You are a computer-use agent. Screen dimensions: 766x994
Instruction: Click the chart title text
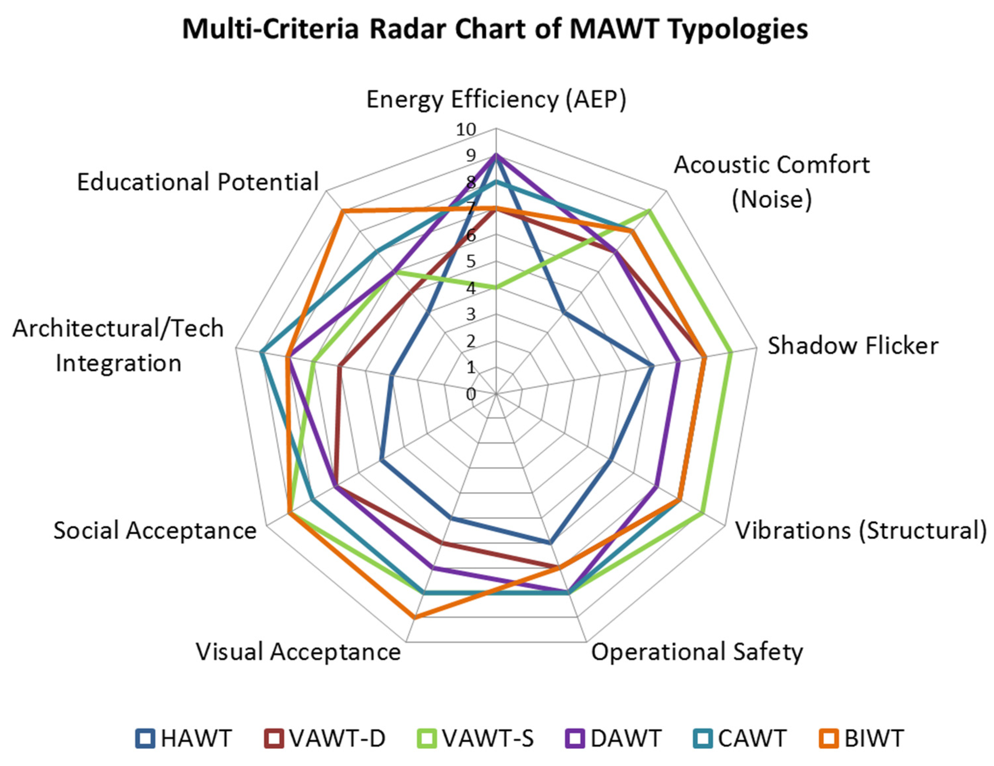click(x=495, y=29)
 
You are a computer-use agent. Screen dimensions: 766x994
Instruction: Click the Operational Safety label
click(x=697, y=652)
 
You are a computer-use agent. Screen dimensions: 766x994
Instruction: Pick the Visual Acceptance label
click(x=298, y=652)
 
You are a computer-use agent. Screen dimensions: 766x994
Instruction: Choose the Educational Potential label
click(x=198, y=182)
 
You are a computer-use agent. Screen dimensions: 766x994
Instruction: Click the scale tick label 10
click(x=466, y=130)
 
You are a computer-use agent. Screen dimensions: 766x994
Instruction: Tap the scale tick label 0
click(x=470, y=394)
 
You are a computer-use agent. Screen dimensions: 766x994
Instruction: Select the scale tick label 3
click(x=470, y=315)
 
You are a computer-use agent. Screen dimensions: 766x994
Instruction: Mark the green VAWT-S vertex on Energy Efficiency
click(x=496, y=288)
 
